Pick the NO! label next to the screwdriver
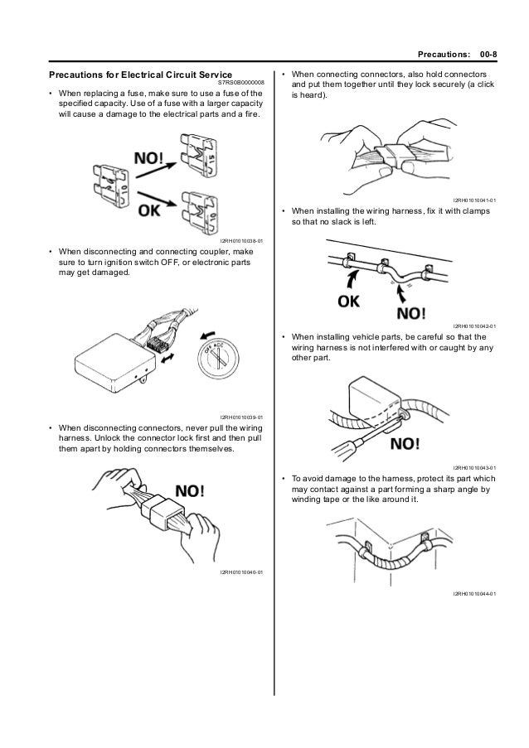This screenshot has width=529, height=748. pyautogui.click(x=404, y=444)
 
